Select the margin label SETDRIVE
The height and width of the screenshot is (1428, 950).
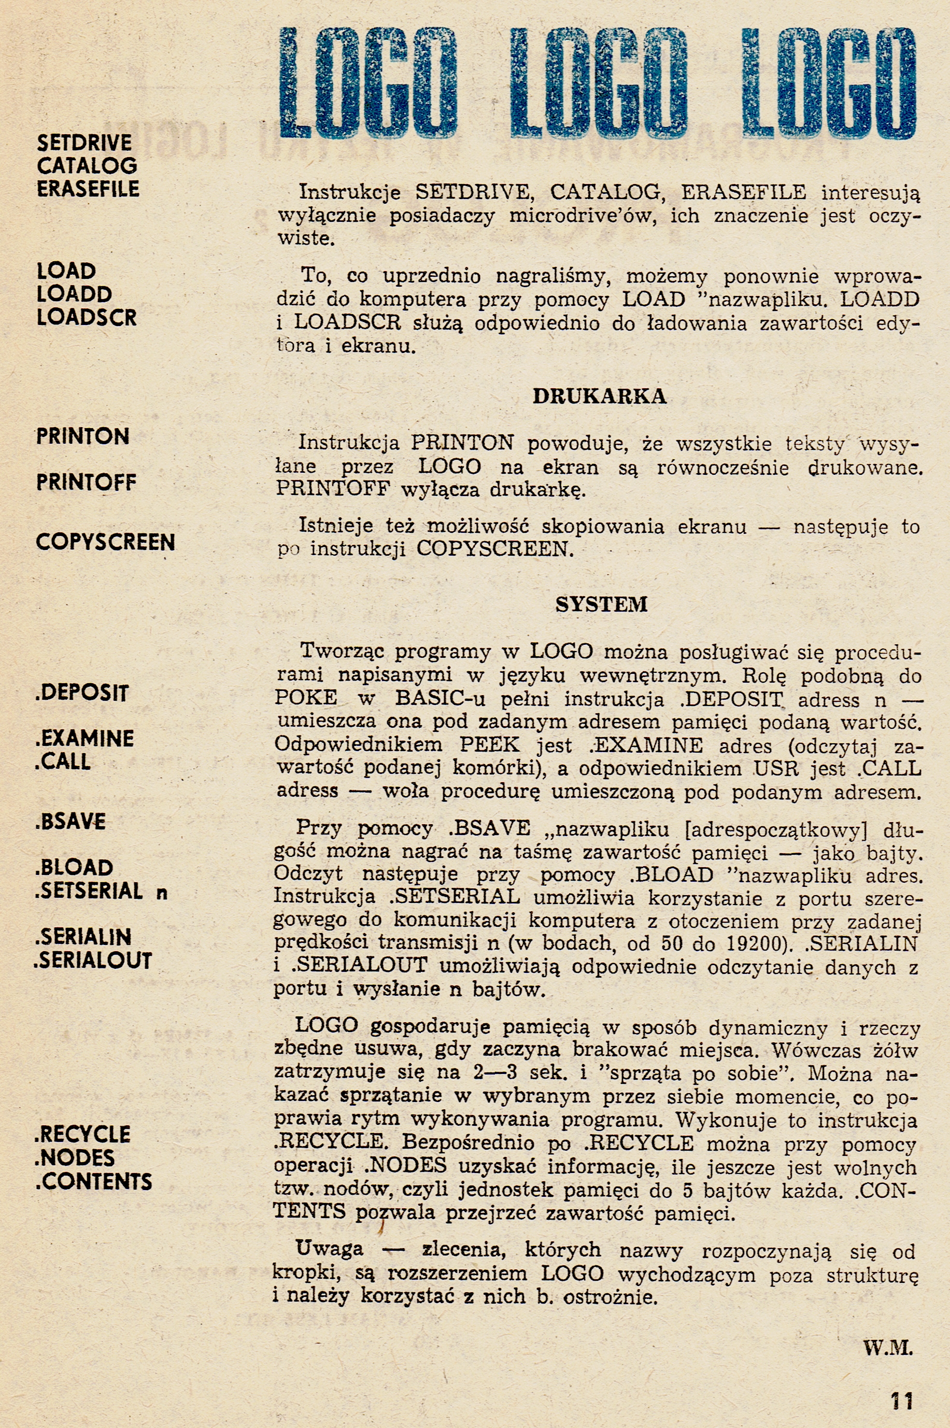click(x=84, y=143)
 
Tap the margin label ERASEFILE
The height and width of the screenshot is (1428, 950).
click(x=88, y=189)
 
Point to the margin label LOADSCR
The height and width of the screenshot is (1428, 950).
click(x=87, y=317)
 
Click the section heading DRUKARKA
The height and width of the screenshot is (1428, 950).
click(x=599, y=396)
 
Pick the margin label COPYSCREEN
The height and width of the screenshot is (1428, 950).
click(x=105, y=542)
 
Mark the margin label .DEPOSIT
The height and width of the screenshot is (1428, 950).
click(x=82, y=693)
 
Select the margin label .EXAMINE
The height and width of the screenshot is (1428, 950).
click(x=84, y=739)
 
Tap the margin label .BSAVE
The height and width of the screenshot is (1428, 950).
click(x=70, y=822)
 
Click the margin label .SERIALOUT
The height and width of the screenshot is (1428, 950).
click(x=93, y=960)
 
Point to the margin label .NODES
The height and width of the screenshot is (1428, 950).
click(x=75, y=1158)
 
